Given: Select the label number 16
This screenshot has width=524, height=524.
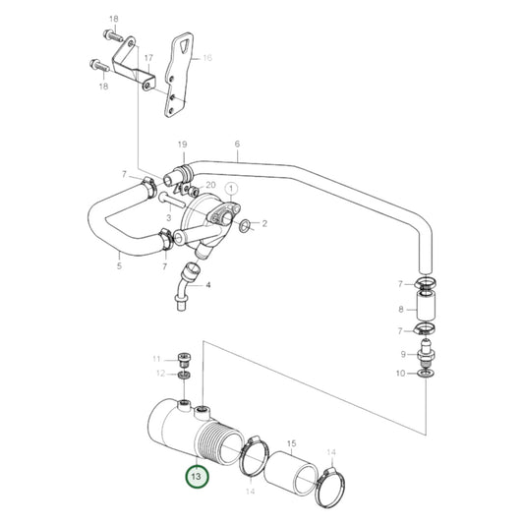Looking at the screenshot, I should pos(207,59).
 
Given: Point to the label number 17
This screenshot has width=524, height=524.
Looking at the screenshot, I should pos(148,58).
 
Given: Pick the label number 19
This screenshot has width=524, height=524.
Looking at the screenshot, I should pos(182,146).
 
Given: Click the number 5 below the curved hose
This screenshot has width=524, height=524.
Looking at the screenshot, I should pos(119,265).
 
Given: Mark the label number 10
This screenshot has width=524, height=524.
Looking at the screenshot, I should pos(399,374).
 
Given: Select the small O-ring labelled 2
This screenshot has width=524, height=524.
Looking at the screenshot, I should pos(244,225).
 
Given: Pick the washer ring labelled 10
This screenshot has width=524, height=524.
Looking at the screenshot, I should pos(428,374).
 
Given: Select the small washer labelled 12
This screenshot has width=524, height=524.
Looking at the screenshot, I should pos(184,375).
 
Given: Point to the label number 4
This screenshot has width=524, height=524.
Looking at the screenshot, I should pos(207,285).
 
